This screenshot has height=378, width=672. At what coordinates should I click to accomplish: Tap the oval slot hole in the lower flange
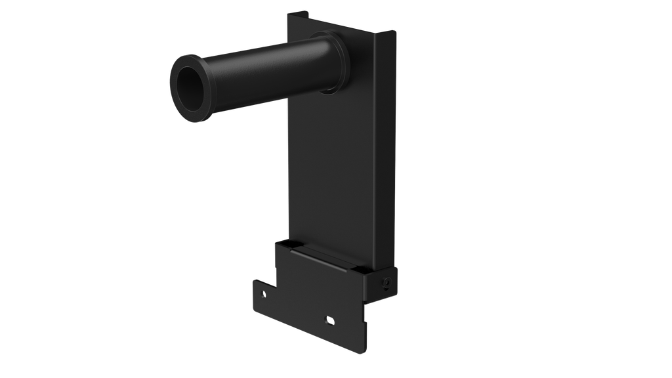coord(330,320)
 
